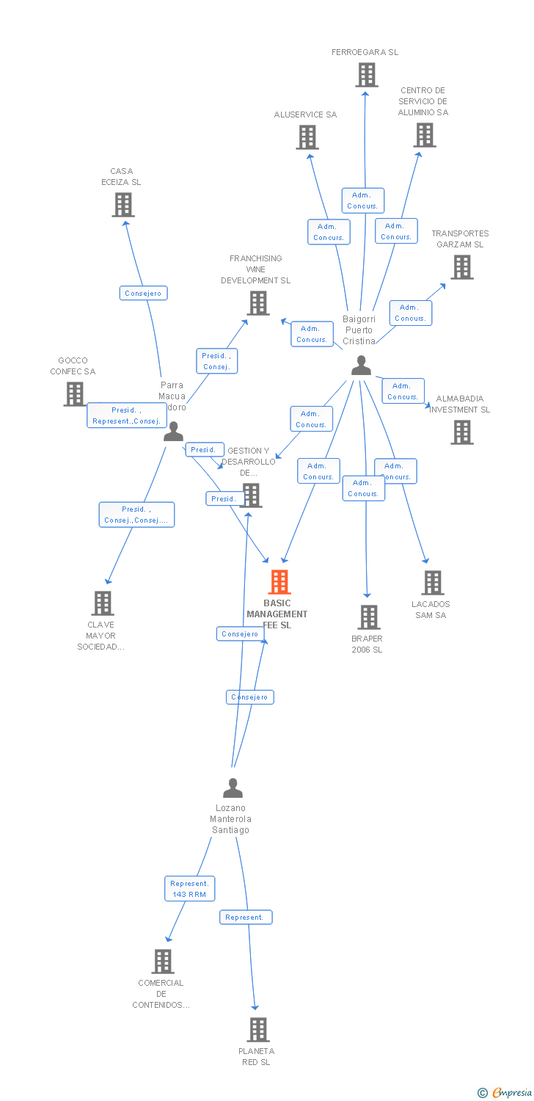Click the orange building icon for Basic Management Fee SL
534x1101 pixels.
tap(279, 582)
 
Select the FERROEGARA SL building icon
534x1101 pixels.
tap(366, 75)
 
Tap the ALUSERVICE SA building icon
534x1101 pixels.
tap(307, 137)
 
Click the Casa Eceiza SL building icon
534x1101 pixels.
tap(123, 205)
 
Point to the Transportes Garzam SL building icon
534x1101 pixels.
tap(461, 267)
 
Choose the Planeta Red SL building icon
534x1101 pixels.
tap(257, 1030)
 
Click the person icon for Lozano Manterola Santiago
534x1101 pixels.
tap(233, 788)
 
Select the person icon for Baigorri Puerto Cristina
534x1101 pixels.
tap(361, 366)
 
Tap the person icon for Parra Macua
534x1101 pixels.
tap(174, 432)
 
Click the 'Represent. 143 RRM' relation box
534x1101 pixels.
tap(190, 889)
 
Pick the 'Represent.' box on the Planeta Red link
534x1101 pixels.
tap(246, 917)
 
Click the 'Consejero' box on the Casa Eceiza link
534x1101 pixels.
tap(144, 294)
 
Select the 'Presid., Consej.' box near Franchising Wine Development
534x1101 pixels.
tap(216, 361)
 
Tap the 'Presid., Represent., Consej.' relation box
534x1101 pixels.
tap(126, 415)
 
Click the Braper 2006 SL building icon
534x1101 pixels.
tap(368, 617)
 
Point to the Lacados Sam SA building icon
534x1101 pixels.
tap(432, 583)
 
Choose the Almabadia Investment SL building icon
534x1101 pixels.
tap(461, 432)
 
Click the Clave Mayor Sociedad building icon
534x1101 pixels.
tap(102, 603)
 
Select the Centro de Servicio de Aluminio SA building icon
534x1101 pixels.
tap(424, 135)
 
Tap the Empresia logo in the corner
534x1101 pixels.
tap(505, 1093)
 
